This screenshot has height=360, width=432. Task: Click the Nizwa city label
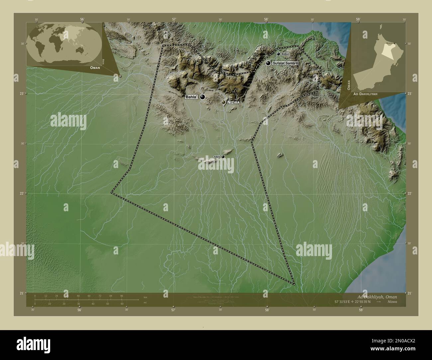[x=233, y=103]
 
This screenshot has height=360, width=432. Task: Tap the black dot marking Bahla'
[x=202, y=97]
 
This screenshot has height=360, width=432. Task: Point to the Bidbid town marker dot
[x=278, y=54]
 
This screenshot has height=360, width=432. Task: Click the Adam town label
[x=217, y=156]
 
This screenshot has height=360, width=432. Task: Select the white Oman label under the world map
[x=94, y=67]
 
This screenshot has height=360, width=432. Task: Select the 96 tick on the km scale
[x=121, y=296]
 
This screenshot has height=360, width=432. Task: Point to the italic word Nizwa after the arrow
[x=392, y=302]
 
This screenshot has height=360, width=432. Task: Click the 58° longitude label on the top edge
[x=266, y=19]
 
